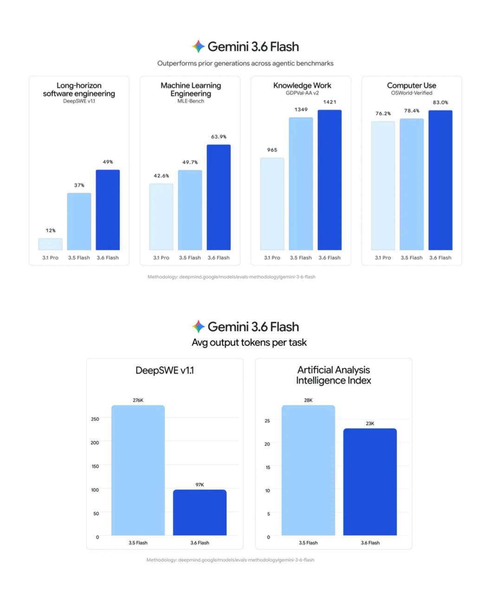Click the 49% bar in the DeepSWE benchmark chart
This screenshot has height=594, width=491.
point(108,210)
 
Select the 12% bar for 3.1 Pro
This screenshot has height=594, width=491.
point(50,244)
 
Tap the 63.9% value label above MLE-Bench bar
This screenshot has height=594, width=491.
point(219,137)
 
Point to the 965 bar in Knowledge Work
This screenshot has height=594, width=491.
point(272,204)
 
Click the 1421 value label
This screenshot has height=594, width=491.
point(329,102)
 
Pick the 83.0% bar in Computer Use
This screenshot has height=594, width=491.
point(440,180)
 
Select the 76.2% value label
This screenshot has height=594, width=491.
point(383,114)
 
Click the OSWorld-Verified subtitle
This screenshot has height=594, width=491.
point(411,93)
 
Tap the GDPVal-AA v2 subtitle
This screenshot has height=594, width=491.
point(302,93)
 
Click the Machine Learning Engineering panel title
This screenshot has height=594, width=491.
point(191,89)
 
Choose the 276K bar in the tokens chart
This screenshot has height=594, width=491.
point(138,470)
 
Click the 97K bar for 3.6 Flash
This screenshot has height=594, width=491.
point(200,512)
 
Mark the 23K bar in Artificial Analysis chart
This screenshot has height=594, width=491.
point(370,482)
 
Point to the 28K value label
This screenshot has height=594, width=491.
point(308,400)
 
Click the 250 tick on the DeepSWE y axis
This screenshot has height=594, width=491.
point(95,419)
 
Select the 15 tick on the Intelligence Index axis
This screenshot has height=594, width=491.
point(268,467)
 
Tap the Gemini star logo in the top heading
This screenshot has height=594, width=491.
point(198,46)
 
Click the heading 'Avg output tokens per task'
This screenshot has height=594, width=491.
point(249,342)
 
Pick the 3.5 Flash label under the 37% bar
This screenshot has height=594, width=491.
point(79,258)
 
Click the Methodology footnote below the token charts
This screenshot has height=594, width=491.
point(231,560)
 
